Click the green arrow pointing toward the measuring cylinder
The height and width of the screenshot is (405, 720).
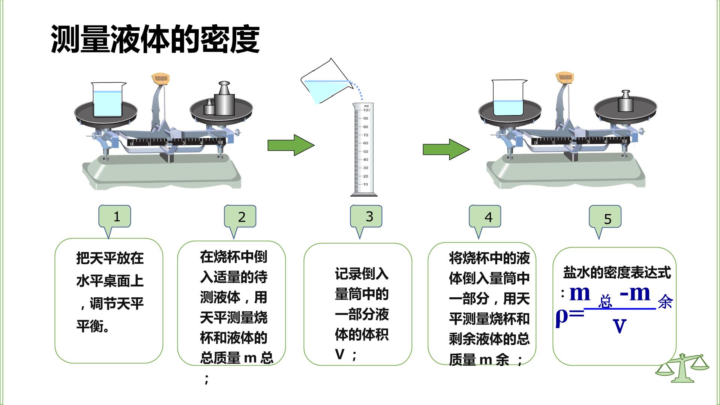coord(291,145)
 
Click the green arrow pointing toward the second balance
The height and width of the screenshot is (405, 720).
coord(446,149)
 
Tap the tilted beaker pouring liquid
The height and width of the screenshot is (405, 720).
coord(325,82)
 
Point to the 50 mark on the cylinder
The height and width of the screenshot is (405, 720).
coord(365,151)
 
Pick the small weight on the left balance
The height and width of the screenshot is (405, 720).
coord(209,107)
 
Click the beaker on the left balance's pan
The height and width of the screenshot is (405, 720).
coord(108,99)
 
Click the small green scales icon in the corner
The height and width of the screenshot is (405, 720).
coord(682,367)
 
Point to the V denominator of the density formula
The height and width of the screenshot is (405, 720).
coord(619,325)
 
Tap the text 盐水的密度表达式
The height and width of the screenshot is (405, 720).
coord(617,273)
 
